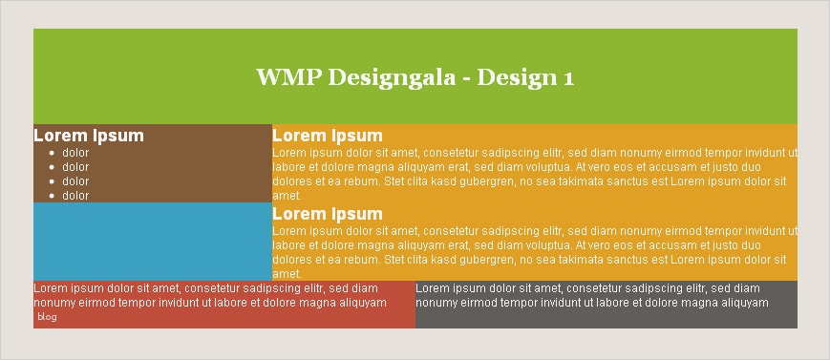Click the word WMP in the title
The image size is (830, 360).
click(x=289, y=77)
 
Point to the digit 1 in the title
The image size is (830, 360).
click(x=569, y=78)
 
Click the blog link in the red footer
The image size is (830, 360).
click(x=47, y=317)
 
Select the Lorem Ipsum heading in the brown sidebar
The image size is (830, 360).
click(x=89, y=136)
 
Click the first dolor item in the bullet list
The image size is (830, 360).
click(x=75, y=153)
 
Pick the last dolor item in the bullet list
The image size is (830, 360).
click(x=75, y=196)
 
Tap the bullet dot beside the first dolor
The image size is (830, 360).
click(x=52, y=154)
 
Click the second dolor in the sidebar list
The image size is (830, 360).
click(x=75, y=167)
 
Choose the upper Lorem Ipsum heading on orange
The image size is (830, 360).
click(x=328, y=136)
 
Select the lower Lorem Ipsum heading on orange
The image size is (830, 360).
click(x=328, y=214)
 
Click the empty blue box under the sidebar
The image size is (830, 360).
click(x=153, y=242)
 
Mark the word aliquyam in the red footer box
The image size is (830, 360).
click(x=364, y=304)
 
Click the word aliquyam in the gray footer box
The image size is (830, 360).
click(x=746, y=304)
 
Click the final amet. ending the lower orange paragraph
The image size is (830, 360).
click(x=287, y=274)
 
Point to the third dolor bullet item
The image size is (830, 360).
click(x=75, y=181)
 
